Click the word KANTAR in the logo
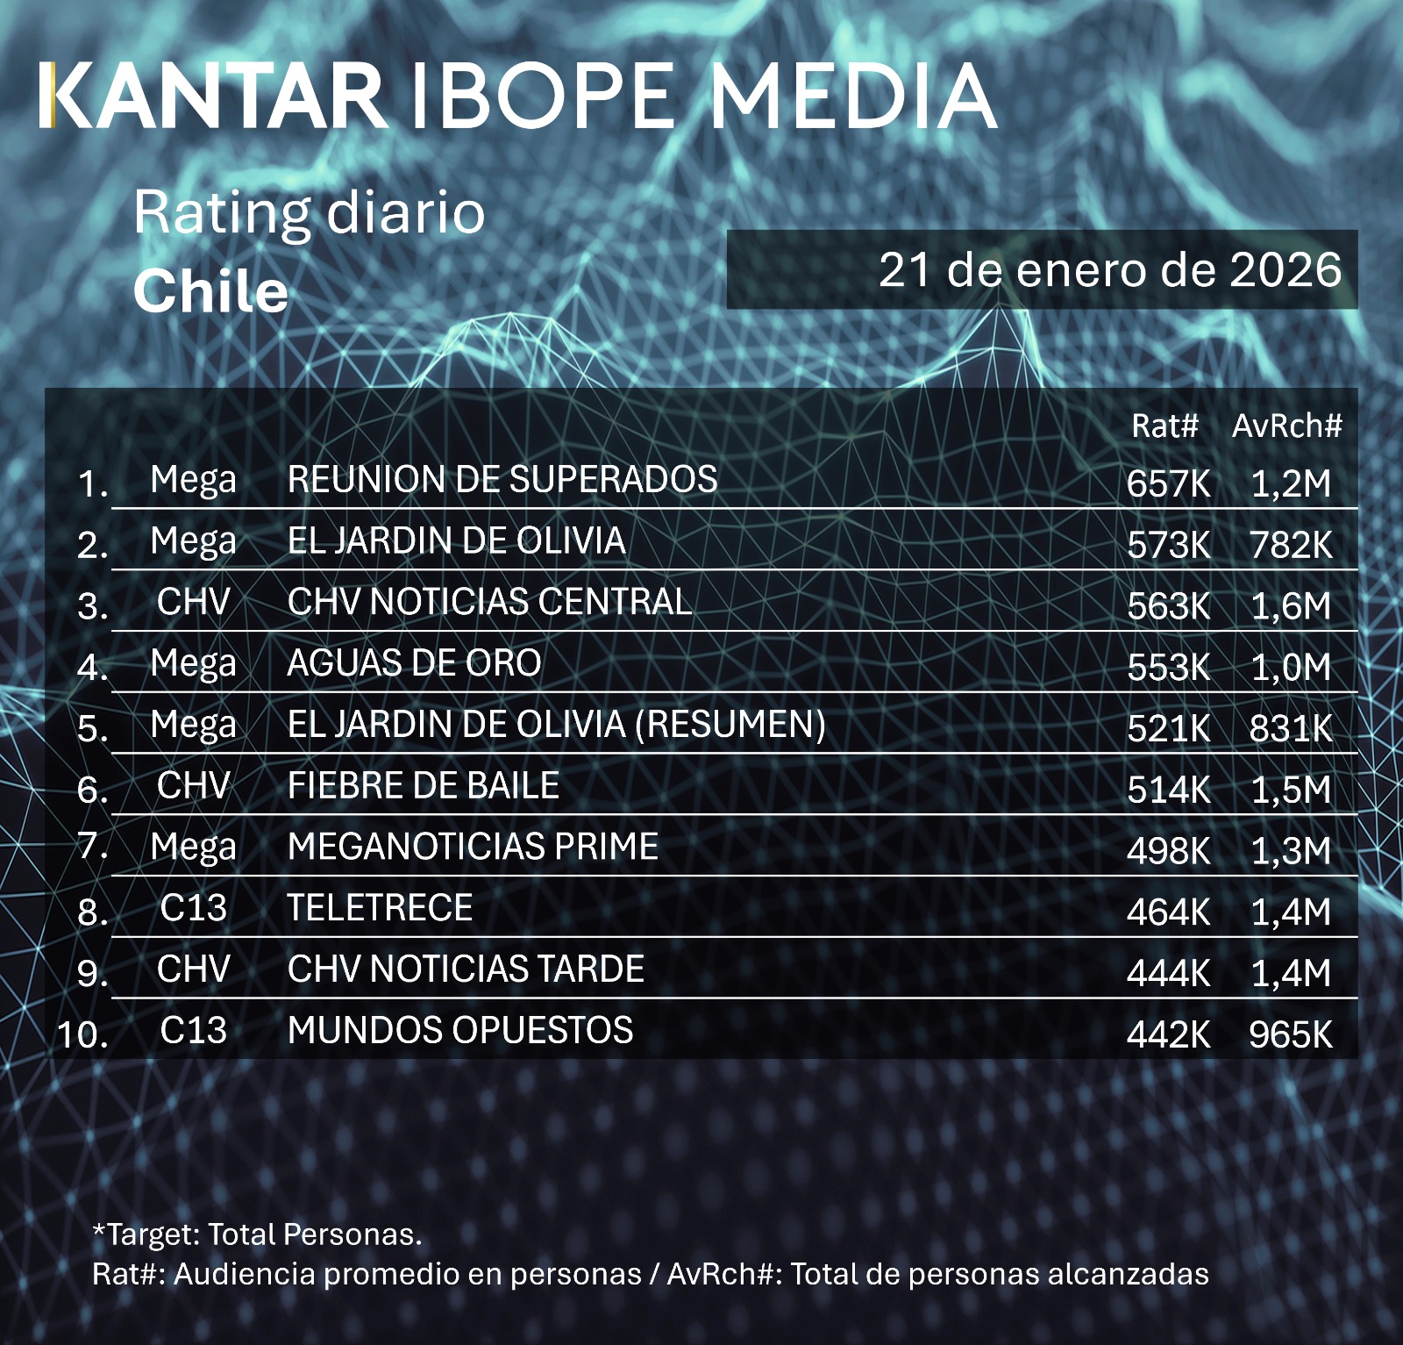click(x=213, y=97)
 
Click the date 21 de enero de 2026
click(x=1109, y=270)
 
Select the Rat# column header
click(x=1164, y=426)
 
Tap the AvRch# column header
click(x=1286, y=426)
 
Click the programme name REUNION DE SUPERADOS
click(x=502, y=480)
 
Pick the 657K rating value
click(x=1168, y=483)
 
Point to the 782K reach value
click(x=1290, y=545)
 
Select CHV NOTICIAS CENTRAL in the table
click(x=489, y=603)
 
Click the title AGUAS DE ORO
click(x=414, y=664)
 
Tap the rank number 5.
click(x=92, y=729)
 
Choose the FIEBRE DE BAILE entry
click(x=424, y=786)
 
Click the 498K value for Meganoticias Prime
click(x=1168, y=851)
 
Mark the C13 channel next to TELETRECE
click(x=193, y=908)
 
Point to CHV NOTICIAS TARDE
click(x=466, y=969)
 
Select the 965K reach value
click(x=1290, y=1035)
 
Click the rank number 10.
click(x=82, y=1035)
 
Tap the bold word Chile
click(x=210, y=291)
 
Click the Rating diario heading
click(x=309, y=213)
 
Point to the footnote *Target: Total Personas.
click(x=257, y=1234)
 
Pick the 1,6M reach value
click(x=1290, y=606)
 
